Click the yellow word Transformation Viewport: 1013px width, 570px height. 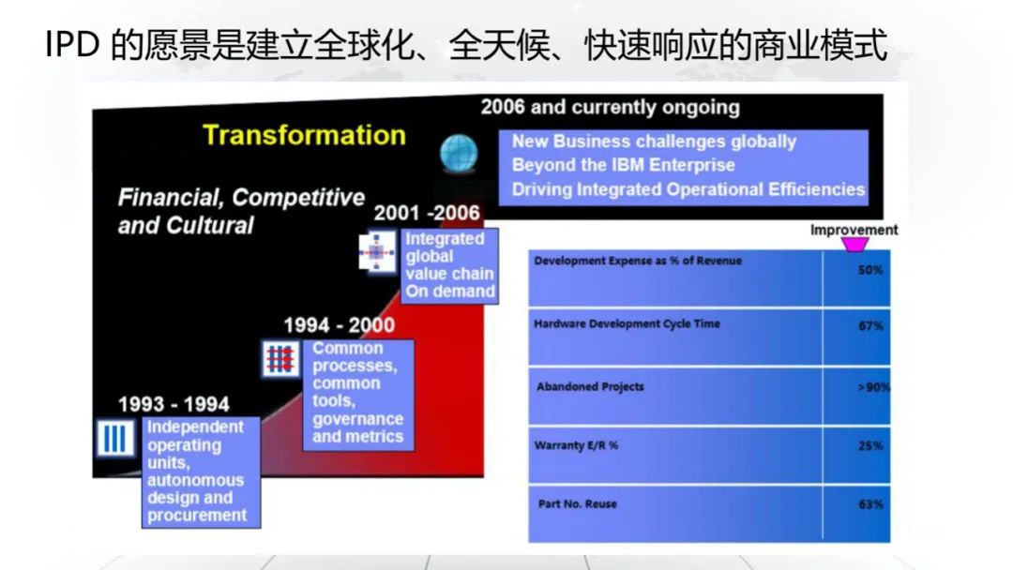(304, 135)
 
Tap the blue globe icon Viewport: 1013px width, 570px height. (459, 154)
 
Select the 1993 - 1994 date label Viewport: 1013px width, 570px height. (174, 404)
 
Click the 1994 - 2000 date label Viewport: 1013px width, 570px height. (340, 324)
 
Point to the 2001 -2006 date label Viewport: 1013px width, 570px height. (427, 213)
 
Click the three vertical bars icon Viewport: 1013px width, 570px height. (115, 439)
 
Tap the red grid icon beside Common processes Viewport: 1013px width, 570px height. (281, 358)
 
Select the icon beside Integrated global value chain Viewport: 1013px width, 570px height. (377, 252)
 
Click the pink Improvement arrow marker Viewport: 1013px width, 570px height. (854, 245)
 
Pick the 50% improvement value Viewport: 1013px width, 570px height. (870, 270)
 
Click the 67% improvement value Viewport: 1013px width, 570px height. (870, 326)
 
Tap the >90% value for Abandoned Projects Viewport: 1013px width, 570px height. (873, 387)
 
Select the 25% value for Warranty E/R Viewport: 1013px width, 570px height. (870, 445)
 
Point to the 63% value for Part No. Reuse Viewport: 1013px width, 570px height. (870, 504)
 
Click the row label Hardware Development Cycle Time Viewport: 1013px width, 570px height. (627, 324)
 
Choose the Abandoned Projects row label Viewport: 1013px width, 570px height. (590, 386)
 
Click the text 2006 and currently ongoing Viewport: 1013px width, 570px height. (610, 107)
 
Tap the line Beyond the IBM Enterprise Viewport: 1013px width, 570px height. (624, 165)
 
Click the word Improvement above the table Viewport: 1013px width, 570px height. (854, 230)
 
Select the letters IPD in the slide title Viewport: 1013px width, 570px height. (72, 45)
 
